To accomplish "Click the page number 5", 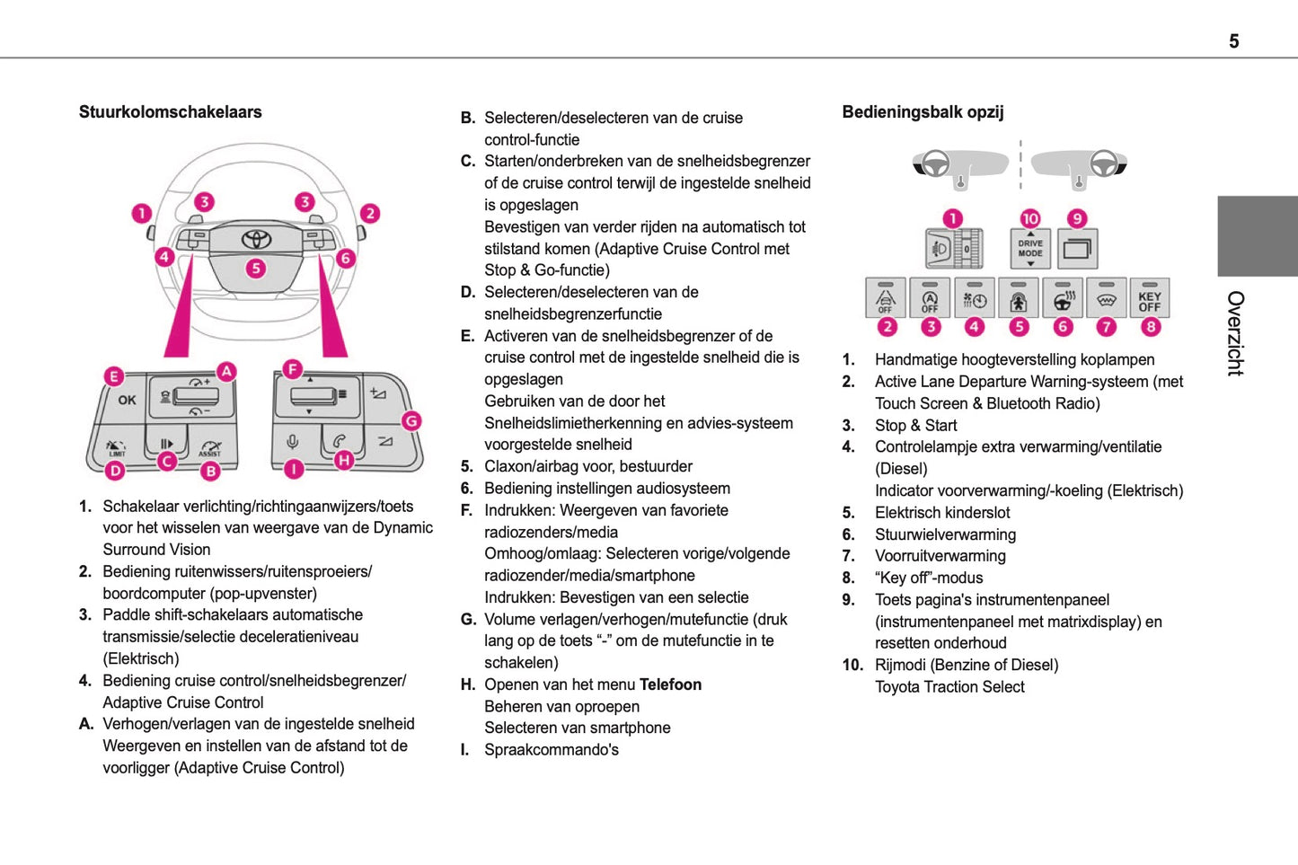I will point(1233,41).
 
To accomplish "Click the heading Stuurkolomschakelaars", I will point(170,112).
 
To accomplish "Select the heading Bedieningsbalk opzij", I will point(923,112).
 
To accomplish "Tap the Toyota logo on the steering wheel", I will point(256,239).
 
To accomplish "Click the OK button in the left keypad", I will point(127,400).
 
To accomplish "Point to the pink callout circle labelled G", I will point(411,420).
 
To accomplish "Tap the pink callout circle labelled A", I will point(227,371).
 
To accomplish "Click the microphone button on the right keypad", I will point(293,441).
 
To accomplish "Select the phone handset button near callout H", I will point(340,441).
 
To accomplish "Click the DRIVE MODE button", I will point(1030,248).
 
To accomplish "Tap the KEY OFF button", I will point(1150,300).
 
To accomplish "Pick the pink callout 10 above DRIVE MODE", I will point(1030,218).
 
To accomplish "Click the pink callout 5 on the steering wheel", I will point(256,268).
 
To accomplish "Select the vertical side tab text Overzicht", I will point(1236,333).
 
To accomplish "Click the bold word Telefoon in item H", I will point(670,684).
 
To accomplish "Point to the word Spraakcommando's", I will point(552,750).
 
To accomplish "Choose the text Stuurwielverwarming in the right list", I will point(945,534).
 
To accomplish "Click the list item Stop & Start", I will point(915,426).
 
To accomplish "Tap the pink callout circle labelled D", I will point(115,469).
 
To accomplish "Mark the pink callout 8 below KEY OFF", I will point(1151,327).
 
